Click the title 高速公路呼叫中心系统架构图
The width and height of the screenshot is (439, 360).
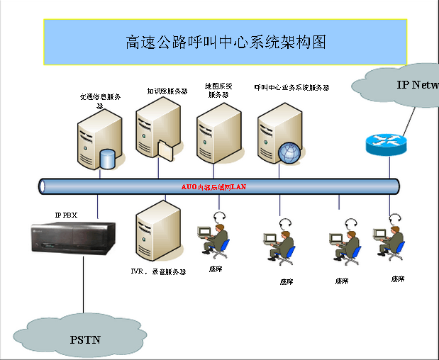[x=226, y=43]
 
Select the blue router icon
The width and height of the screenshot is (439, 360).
[x=387, y=145]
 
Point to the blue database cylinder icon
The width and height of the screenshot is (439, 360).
[x=108, y=158]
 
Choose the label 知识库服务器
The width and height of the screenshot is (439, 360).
[x=167, y=91]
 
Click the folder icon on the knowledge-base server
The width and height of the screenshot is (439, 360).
[x=164, y=151]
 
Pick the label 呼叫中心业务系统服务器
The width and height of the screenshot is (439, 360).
[x=292, y=88]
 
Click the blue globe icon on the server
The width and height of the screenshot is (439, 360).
[x=288, y=152]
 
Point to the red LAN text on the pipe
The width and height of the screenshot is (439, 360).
[x=213, y=186]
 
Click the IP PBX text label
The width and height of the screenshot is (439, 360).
[x=67, y=214]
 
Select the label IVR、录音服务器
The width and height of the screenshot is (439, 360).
[x=157, y=271]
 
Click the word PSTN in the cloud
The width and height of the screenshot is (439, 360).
[x=84, y=339]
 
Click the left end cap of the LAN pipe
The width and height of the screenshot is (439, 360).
[x=43, y=186]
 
